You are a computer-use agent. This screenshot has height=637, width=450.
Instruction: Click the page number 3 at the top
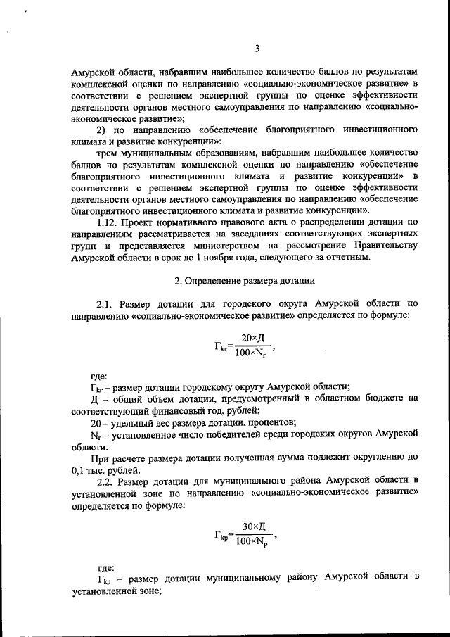[257, 49]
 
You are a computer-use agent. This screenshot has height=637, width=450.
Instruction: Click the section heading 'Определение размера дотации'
[245, 281]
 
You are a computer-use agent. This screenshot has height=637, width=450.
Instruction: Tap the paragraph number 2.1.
[106, 303]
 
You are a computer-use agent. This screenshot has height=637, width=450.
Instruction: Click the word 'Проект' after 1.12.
[146, 222]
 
